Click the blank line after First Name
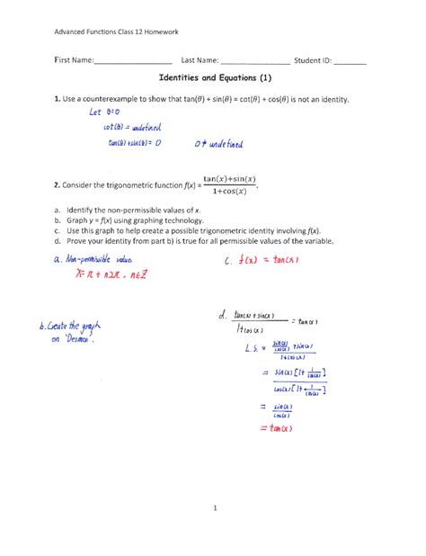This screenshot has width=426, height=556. pos(135,63)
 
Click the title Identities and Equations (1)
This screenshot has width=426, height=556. pos(212,79)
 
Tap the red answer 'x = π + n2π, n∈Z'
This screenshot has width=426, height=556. pos(107,275)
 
